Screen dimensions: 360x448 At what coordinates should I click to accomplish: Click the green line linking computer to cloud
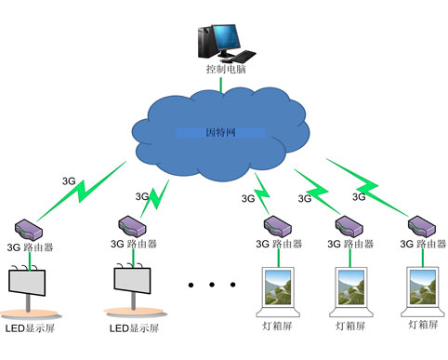tap(220, 85)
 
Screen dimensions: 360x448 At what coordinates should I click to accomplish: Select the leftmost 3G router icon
tap(31, 227)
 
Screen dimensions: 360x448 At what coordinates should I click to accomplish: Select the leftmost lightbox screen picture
tap(275, 288)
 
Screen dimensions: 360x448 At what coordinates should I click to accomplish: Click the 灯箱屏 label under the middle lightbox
tap(352, 327)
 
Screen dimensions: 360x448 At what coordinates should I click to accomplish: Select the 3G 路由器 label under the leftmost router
tap(32, 247)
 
